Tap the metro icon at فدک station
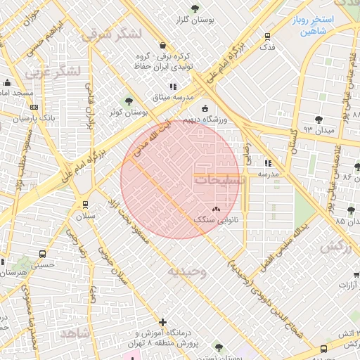[x=266, y=37]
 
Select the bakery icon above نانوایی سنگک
[x=216, y=209]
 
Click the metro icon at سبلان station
[x=86, y=205]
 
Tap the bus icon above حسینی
[x=43, y=254]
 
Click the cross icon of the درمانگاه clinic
[x=164, y=322]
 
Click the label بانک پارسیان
[x=38, y=117]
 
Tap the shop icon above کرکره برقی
[x=162, y=44]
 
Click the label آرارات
[x=345, y=285]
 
